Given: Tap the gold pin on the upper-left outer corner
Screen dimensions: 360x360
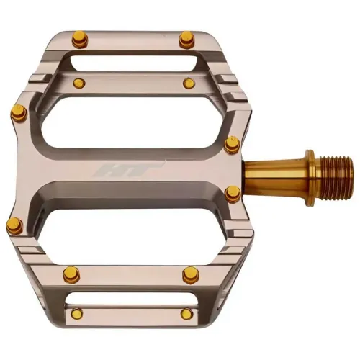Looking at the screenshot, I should [x=18, y=110].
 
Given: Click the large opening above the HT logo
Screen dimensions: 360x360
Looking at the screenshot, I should [x=137, y=122].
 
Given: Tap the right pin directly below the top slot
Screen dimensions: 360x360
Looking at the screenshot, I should [x=188, y=84].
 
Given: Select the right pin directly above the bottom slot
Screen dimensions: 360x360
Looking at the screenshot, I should [x=191, y=274].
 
